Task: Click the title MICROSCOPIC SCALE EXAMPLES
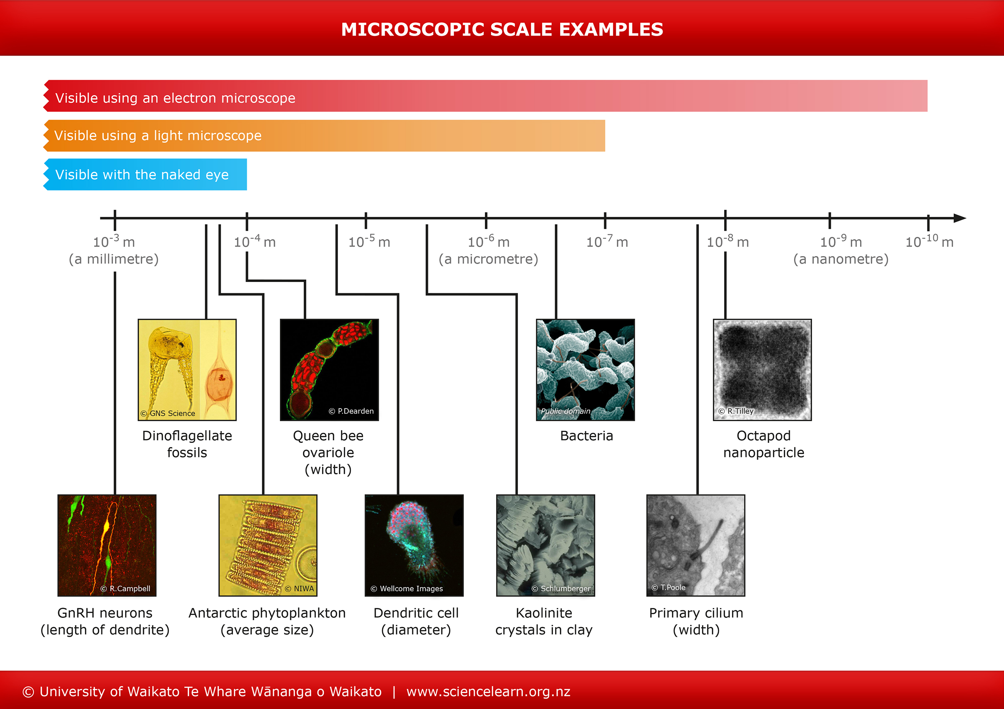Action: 502,30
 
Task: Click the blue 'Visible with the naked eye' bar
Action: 146,174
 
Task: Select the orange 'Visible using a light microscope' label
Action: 158,136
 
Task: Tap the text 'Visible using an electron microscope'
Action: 175,98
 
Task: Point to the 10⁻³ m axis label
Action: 114,241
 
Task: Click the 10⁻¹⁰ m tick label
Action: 929,241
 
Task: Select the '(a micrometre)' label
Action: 488,259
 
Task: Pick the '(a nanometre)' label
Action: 840,259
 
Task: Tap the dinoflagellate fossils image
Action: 187,370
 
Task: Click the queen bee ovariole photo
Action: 329,370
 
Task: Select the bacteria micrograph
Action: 585,370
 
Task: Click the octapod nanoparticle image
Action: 762,370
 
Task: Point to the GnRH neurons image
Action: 107,545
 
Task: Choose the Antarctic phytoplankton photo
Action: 268,545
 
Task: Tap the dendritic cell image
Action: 414,545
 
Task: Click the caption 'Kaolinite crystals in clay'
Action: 543,621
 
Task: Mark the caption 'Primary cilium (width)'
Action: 696,621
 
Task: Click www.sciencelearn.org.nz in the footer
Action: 488,691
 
